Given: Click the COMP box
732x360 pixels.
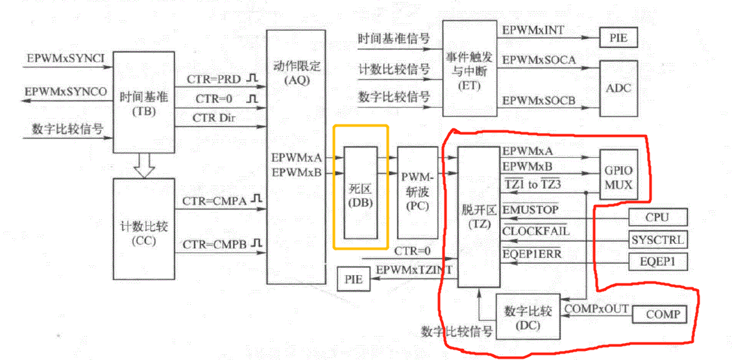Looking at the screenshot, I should (x=662, y=315).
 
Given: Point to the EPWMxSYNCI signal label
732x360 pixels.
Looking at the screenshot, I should (x=66, y=59).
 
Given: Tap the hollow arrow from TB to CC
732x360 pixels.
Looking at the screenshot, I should (x=144, y=166).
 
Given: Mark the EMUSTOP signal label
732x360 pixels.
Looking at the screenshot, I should (x=530, y=210).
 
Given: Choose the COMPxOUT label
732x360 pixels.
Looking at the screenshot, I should (x=596, y=308).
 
